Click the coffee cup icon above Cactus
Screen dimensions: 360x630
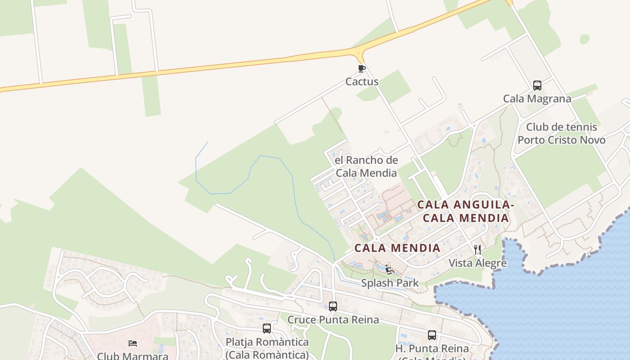click(x=361, y=69)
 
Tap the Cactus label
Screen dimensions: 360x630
click(x=362, y=82)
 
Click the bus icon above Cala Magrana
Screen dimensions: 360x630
click(x=537, y=85)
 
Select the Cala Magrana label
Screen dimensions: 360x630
click(x=537, y=99)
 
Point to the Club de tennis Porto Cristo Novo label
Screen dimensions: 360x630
click(x=561, y=133)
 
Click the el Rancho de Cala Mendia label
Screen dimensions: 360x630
click(x=366, y=166)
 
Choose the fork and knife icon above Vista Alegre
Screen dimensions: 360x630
click(x=477, y=250)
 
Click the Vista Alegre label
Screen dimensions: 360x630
click(x=477, y=263)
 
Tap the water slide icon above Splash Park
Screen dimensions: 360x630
click(x=390, y=270)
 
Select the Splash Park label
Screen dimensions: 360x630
click(x=390, y=283)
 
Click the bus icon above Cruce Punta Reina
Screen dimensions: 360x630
click(x=333, y=306)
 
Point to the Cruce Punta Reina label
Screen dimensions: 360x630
click(x=333, y=320)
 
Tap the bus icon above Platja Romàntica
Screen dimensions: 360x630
click(x=267, y=328)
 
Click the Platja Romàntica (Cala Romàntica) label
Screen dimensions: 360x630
click(x=267, y=348)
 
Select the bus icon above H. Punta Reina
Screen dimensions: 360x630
click(x=432, y=335)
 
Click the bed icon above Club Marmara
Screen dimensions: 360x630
click(x=133, y=343)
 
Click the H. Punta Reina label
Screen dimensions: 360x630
click(x=432, y=349)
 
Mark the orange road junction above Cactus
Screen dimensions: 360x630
click(x=360, y=54)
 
